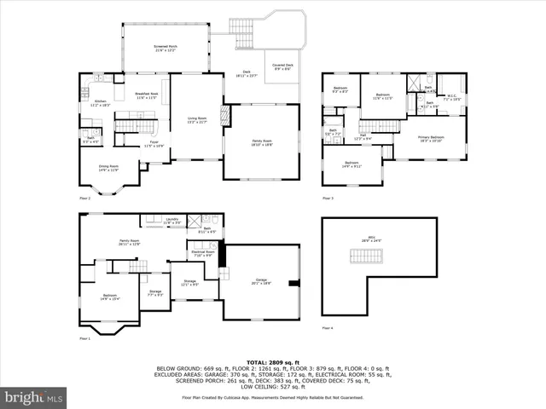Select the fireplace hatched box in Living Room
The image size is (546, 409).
coord(226,115)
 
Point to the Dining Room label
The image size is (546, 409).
coord(107,169)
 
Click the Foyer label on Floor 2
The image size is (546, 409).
coord(154,145)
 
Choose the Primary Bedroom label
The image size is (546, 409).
coord(431,138)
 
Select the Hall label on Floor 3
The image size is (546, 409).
coord(363,137)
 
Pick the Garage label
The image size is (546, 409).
coord(262,280)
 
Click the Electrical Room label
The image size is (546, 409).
coord(202,253)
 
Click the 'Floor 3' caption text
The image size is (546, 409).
coord(328,199)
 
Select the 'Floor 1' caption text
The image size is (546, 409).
coord(84,339)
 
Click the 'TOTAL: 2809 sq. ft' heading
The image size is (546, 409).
coord(272,361)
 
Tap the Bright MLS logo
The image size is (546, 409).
coord(34,397)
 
